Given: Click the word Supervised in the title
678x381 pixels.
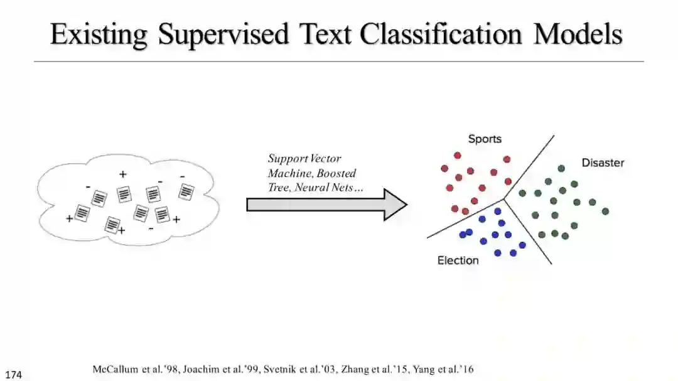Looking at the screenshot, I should click(223, 35).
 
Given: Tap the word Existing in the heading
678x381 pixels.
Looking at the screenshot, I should click(99, 35).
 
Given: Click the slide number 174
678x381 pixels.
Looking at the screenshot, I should click(14, 375).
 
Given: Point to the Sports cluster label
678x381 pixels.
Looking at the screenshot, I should click(485, 139).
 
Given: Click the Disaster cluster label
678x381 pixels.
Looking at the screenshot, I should click(603, 163).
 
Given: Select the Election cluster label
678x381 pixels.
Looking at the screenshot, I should click(458, 260).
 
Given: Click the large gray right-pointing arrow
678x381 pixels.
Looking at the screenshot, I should click(326, 205).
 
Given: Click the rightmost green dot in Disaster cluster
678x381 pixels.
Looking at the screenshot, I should click(605, 212).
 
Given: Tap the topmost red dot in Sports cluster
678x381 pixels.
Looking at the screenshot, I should click(458, 155).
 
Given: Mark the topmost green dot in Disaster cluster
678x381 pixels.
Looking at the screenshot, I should click(561, 168).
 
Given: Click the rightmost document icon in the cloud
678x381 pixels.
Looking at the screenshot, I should click(186, 191).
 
